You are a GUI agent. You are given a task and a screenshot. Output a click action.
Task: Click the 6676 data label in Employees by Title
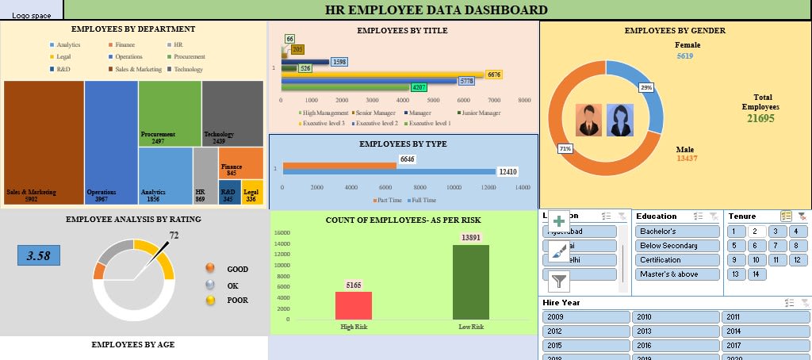click(x=494, y=75)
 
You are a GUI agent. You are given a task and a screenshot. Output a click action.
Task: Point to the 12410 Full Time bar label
click(x=507, y=171)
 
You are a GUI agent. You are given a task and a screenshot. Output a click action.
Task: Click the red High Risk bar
click(x=354, y=304)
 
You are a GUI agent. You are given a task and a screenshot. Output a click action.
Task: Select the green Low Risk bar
click(x=471, y=281)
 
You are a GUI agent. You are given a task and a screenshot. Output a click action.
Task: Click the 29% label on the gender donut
click(x=647, y=87)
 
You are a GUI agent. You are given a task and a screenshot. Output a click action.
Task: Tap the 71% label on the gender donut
click(x=565, y=148)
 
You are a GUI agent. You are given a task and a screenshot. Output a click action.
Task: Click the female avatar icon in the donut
click(x=620, y=121)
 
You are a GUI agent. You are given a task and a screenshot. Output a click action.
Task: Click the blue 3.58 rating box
click(x=39, y=255)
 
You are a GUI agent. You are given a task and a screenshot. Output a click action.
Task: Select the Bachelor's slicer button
click(x=677, y=232)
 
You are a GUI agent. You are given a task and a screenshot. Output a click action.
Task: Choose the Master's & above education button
click(x=677, y=274)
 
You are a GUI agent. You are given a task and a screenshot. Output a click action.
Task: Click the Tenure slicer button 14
click(x=756, y=274)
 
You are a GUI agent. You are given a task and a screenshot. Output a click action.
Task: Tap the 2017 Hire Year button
click(x=765, y=346)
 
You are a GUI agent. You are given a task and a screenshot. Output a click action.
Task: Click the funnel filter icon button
click(x=559, y=280)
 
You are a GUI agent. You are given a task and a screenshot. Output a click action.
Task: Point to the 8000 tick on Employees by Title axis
click(x=524, y=101)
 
